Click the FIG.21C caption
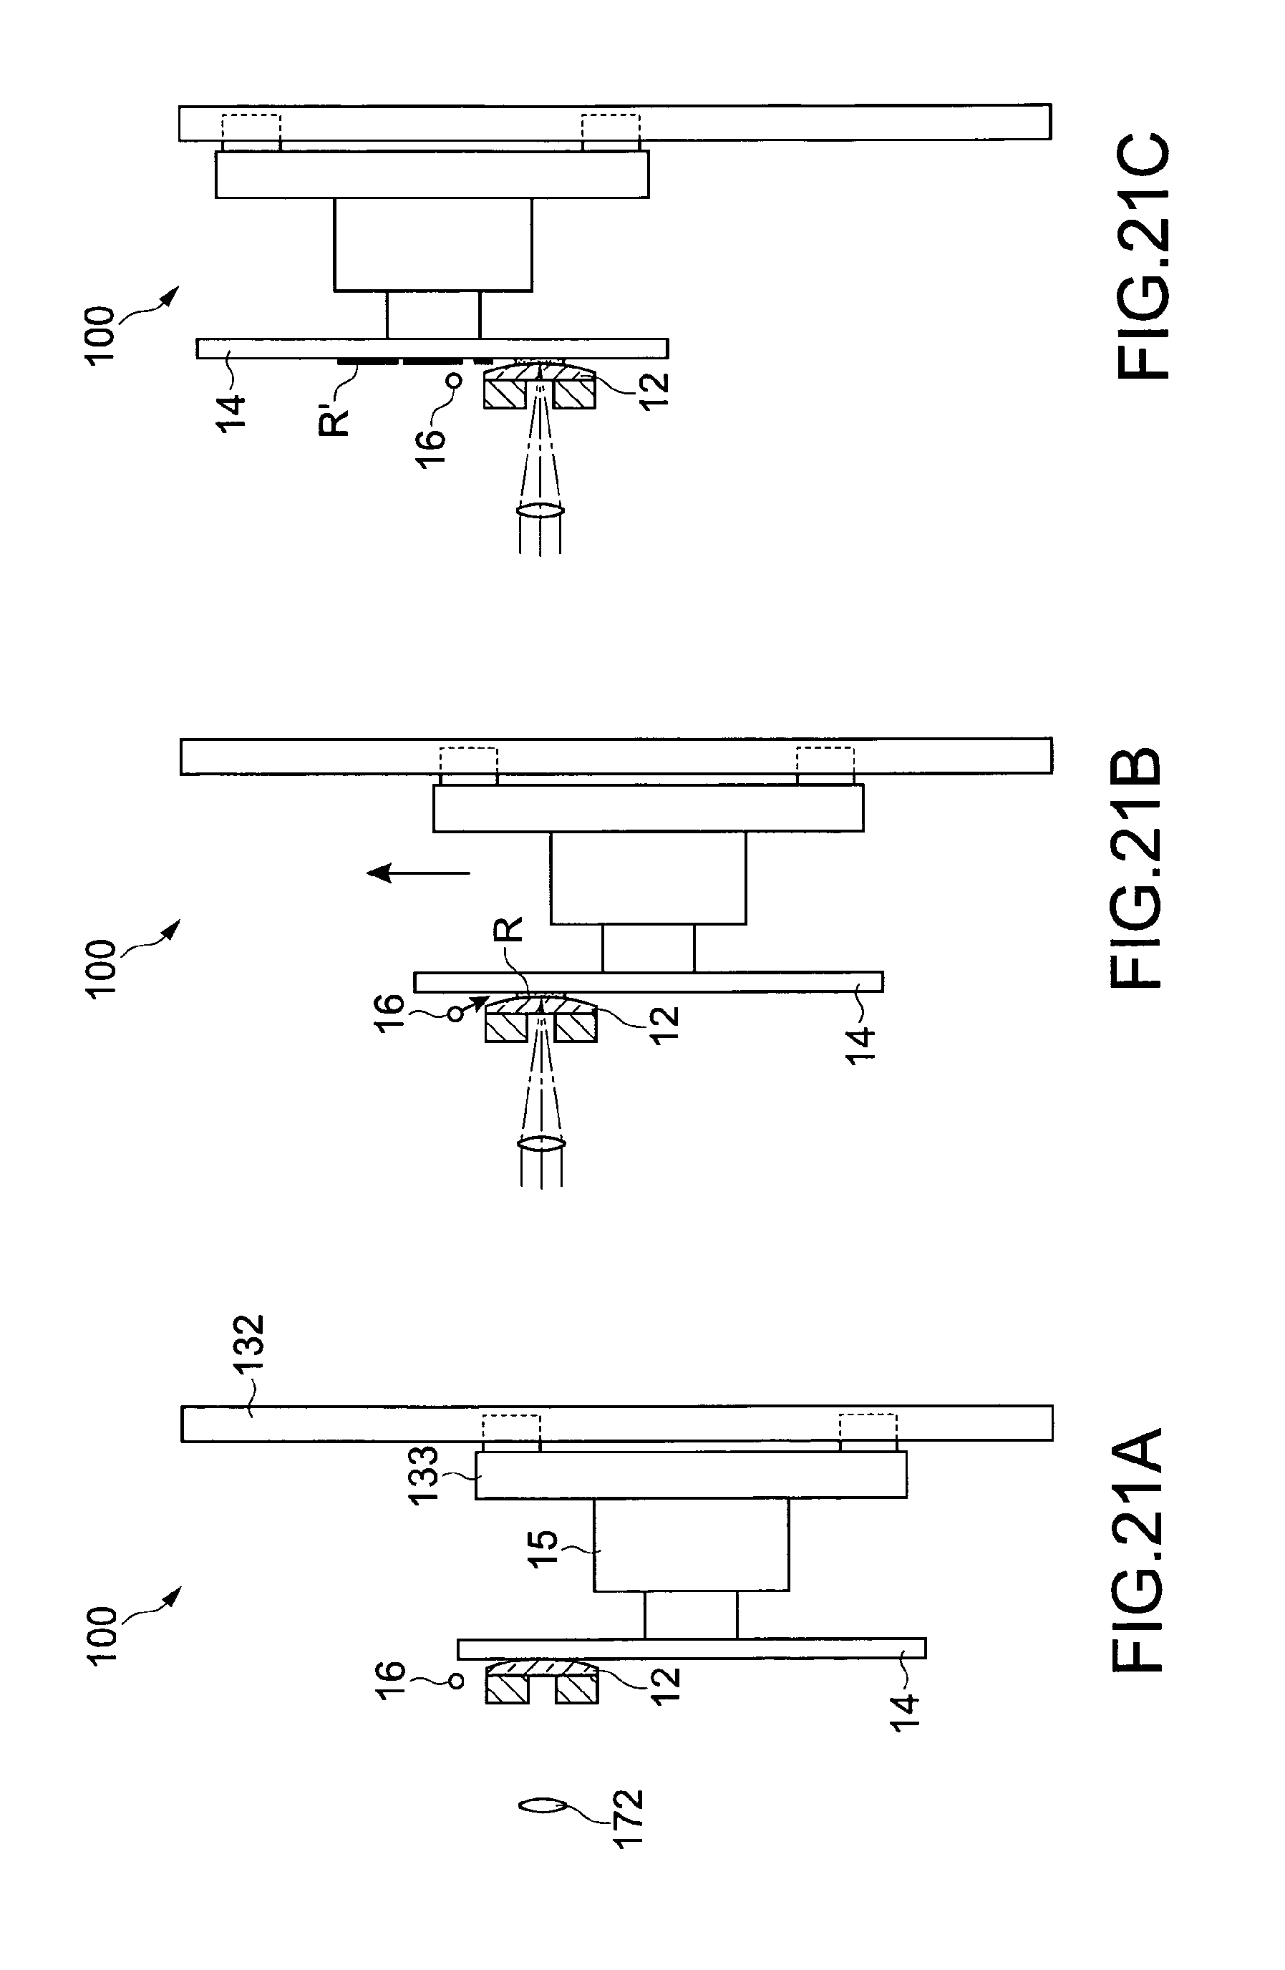[1143, 256]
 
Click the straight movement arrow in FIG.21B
[419, 873]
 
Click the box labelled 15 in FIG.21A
[692, 1546]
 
